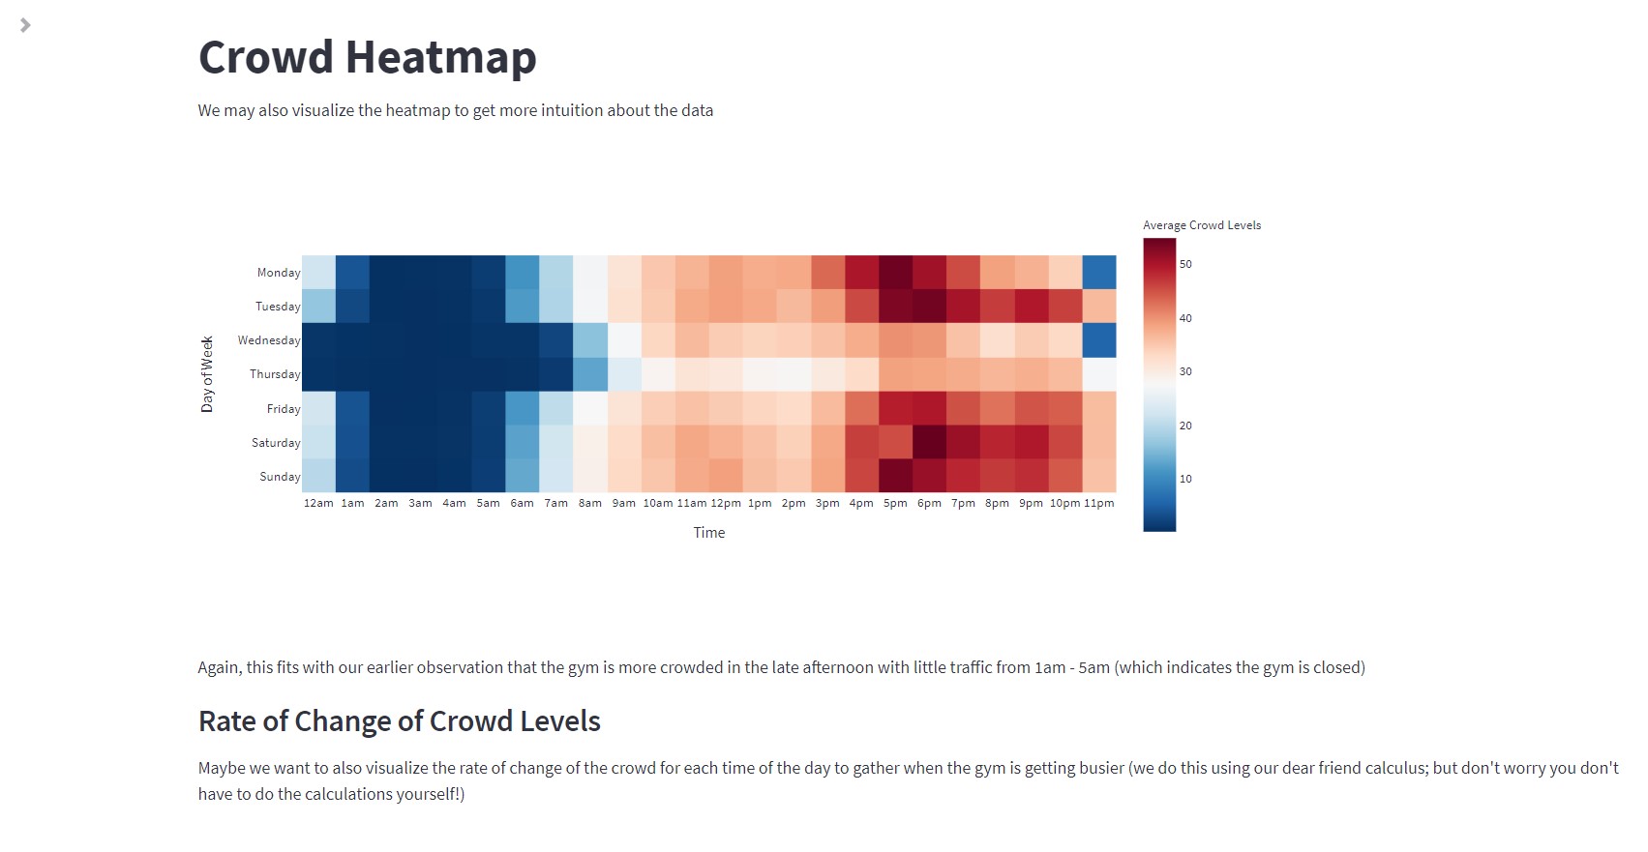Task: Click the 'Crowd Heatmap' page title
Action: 367,57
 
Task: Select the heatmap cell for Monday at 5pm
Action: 895,273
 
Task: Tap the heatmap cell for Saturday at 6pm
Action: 929,442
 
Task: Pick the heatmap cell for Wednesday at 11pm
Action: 1098,340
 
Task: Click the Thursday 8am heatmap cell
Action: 590,374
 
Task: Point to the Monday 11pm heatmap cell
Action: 1098,273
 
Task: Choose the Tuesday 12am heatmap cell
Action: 318,307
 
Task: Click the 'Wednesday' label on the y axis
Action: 269,340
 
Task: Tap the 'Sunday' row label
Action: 280,477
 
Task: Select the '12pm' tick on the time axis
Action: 726,503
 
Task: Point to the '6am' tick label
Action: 522,503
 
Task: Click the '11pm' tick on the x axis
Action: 1098,503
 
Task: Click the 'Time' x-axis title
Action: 708,533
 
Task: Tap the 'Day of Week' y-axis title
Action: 207,374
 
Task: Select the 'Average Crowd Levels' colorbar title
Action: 1201,225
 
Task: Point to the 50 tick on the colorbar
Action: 1185,264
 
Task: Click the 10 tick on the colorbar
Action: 1185,479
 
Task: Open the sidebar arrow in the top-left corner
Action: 25,25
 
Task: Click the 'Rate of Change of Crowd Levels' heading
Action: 399,721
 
